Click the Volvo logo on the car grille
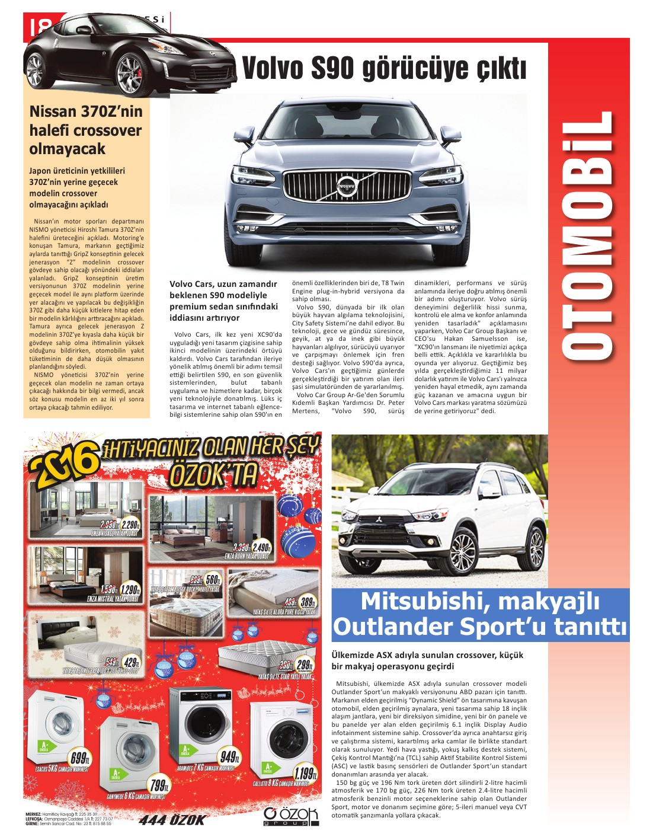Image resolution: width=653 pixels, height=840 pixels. point(346,186)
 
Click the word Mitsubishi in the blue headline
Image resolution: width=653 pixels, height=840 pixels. point(421,601)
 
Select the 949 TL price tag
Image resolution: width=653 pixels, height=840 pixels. point(229,757)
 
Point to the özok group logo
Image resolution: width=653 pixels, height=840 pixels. point(291,816)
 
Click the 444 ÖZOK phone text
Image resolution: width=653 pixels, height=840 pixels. point(172,820)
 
